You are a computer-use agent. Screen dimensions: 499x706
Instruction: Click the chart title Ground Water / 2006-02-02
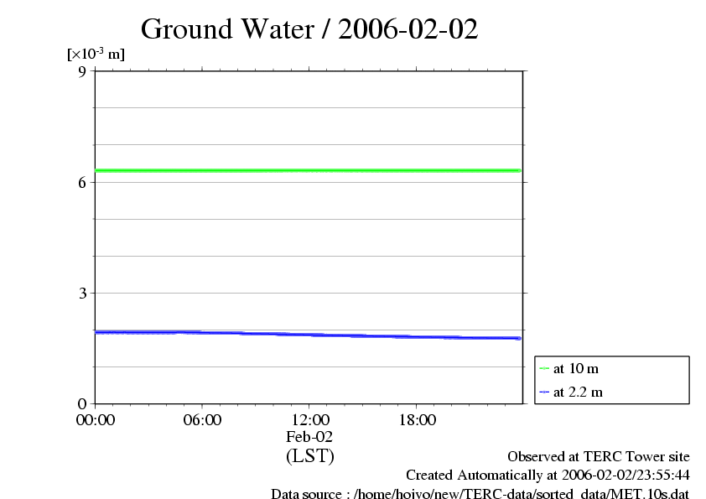[309, 29]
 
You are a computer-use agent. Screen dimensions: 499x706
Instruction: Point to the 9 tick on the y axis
[82, 71]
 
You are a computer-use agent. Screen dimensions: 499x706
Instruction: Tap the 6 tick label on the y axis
[82, 182]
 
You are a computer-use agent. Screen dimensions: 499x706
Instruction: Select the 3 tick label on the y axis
[82, 293]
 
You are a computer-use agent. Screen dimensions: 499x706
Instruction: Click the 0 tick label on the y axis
[82, 403]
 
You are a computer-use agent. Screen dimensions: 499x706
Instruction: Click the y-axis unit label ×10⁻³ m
[96, 55]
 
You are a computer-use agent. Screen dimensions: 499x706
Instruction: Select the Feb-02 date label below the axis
[309, 437]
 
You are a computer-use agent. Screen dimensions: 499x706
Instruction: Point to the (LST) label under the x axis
[309, 456]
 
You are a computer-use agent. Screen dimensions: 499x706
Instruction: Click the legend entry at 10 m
[575, 369]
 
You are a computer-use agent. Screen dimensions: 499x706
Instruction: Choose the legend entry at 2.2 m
[578, 392]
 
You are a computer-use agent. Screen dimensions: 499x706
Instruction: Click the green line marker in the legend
[544, 369]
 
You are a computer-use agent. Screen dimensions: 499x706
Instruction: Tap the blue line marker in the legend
[544, 392]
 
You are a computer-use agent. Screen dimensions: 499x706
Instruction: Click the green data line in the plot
[309, 170]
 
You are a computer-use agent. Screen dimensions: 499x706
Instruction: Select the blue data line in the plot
[309, 335]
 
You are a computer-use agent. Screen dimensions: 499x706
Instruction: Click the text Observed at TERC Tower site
[599, 457]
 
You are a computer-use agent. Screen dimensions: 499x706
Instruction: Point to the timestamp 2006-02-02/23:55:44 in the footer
[619, 476]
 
